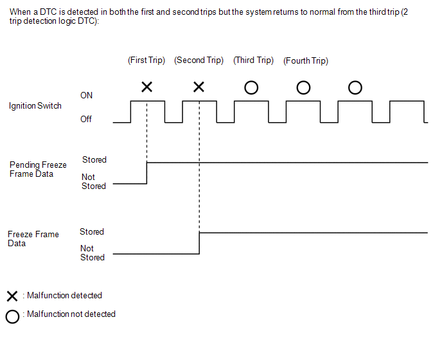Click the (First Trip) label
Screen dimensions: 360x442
coord(146,60)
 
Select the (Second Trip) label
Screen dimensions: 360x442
coord(199,60)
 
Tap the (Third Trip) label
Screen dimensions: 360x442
coord(254,60)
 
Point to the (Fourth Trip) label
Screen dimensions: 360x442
coord(306,61)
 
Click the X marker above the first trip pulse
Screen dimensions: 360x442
coord(146,87)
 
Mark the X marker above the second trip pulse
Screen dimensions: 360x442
coord(199,87)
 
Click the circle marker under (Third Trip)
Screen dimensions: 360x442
coord(251,87)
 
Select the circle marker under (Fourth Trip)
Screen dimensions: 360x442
coord(304,87)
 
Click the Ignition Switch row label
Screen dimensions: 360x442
coord(35,105)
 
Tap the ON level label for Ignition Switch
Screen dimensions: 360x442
coord(86,95)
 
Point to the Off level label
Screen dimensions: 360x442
coord(86,119)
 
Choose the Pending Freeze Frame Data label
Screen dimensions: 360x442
coord(38,170)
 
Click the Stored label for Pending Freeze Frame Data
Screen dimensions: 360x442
coord(94,159)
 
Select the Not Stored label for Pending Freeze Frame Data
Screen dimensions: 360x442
coord(93,181)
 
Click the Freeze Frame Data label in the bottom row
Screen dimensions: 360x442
coord(33,239)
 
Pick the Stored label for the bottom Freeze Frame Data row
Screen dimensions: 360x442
coord(92,231)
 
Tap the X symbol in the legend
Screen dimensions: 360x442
coord(12,296)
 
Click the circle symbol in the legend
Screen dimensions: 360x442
coord(12,316)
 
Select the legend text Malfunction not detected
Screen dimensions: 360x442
coord(71,314)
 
